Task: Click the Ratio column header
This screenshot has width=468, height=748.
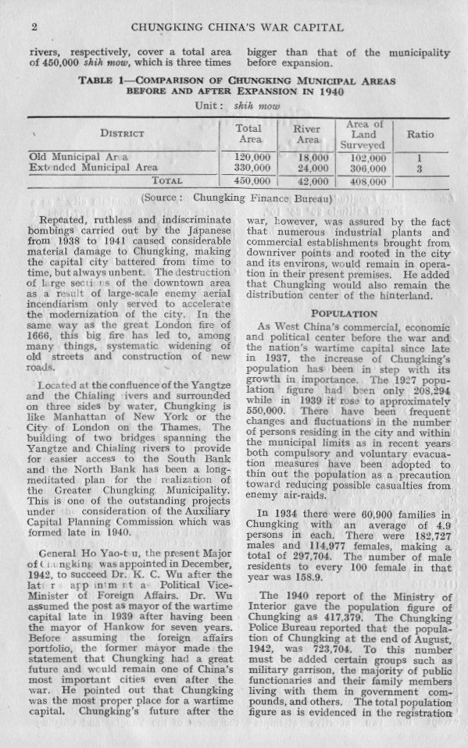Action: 420,134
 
